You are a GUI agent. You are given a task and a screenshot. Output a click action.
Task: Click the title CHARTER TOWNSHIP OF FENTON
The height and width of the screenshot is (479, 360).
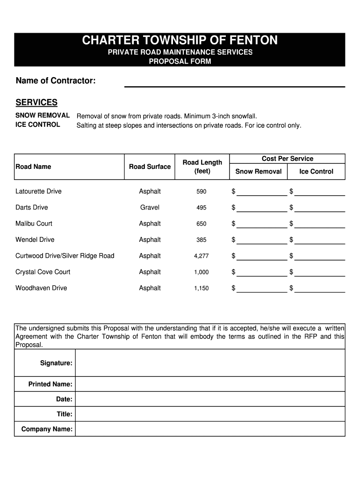click(x=180, y=41)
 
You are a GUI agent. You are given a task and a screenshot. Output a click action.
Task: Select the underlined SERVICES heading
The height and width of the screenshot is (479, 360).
click(x=36, y=102)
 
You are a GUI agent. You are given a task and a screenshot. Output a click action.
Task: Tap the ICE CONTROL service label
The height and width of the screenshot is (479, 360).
click(x=38, y=124)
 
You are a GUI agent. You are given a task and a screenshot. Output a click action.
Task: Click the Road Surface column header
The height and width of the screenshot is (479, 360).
click(x=150, y=167)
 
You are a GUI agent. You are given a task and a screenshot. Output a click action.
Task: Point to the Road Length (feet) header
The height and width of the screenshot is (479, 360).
click(x=202, y=167)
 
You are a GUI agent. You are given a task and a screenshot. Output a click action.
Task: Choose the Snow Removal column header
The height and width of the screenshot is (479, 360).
click(x=258, y=172)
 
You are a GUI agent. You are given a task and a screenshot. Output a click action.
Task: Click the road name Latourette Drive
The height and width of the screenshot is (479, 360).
click(x=38, y=191)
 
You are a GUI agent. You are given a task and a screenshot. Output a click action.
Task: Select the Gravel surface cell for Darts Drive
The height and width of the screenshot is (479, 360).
click(x=150, y=207)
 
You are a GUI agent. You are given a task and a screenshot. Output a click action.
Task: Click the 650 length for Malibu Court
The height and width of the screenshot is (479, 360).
click(x=202, y=224)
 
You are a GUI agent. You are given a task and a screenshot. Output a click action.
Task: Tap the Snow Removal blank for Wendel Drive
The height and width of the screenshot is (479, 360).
click(x=262, y=240)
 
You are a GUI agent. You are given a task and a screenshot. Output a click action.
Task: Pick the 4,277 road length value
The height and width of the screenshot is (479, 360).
click(x=202, y=256)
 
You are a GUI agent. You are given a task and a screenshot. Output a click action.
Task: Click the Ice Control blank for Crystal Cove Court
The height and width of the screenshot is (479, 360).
click(x=319, y=272)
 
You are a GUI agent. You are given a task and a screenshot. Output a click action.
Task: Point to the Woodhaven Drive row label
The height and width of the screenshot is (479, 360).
click(x=41, y=288)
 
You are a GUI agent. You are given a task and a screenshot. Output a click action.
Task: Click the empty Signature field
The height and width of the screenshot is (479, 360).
click(x=210, y=363)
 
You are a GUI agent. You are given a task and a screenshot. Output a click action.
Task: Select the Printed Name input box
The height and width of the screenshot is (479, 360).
click(x=210, y=384)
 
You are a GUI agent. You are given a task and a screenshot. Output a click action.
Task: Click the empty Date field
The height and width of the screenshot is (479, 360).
click(x=210, y=399)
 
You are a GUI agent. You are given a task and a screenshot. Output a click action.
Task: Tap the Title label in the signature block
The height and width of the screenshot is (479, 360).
click(x=65, y=414)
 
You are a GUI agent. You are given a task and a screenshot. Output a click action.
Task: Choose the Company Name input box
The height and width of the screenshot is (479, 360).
click(x=210, y=429)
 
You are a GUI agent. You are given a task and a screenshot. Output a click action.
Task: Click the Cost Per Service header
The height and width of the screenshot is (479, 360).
click(x=288, y=159)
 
